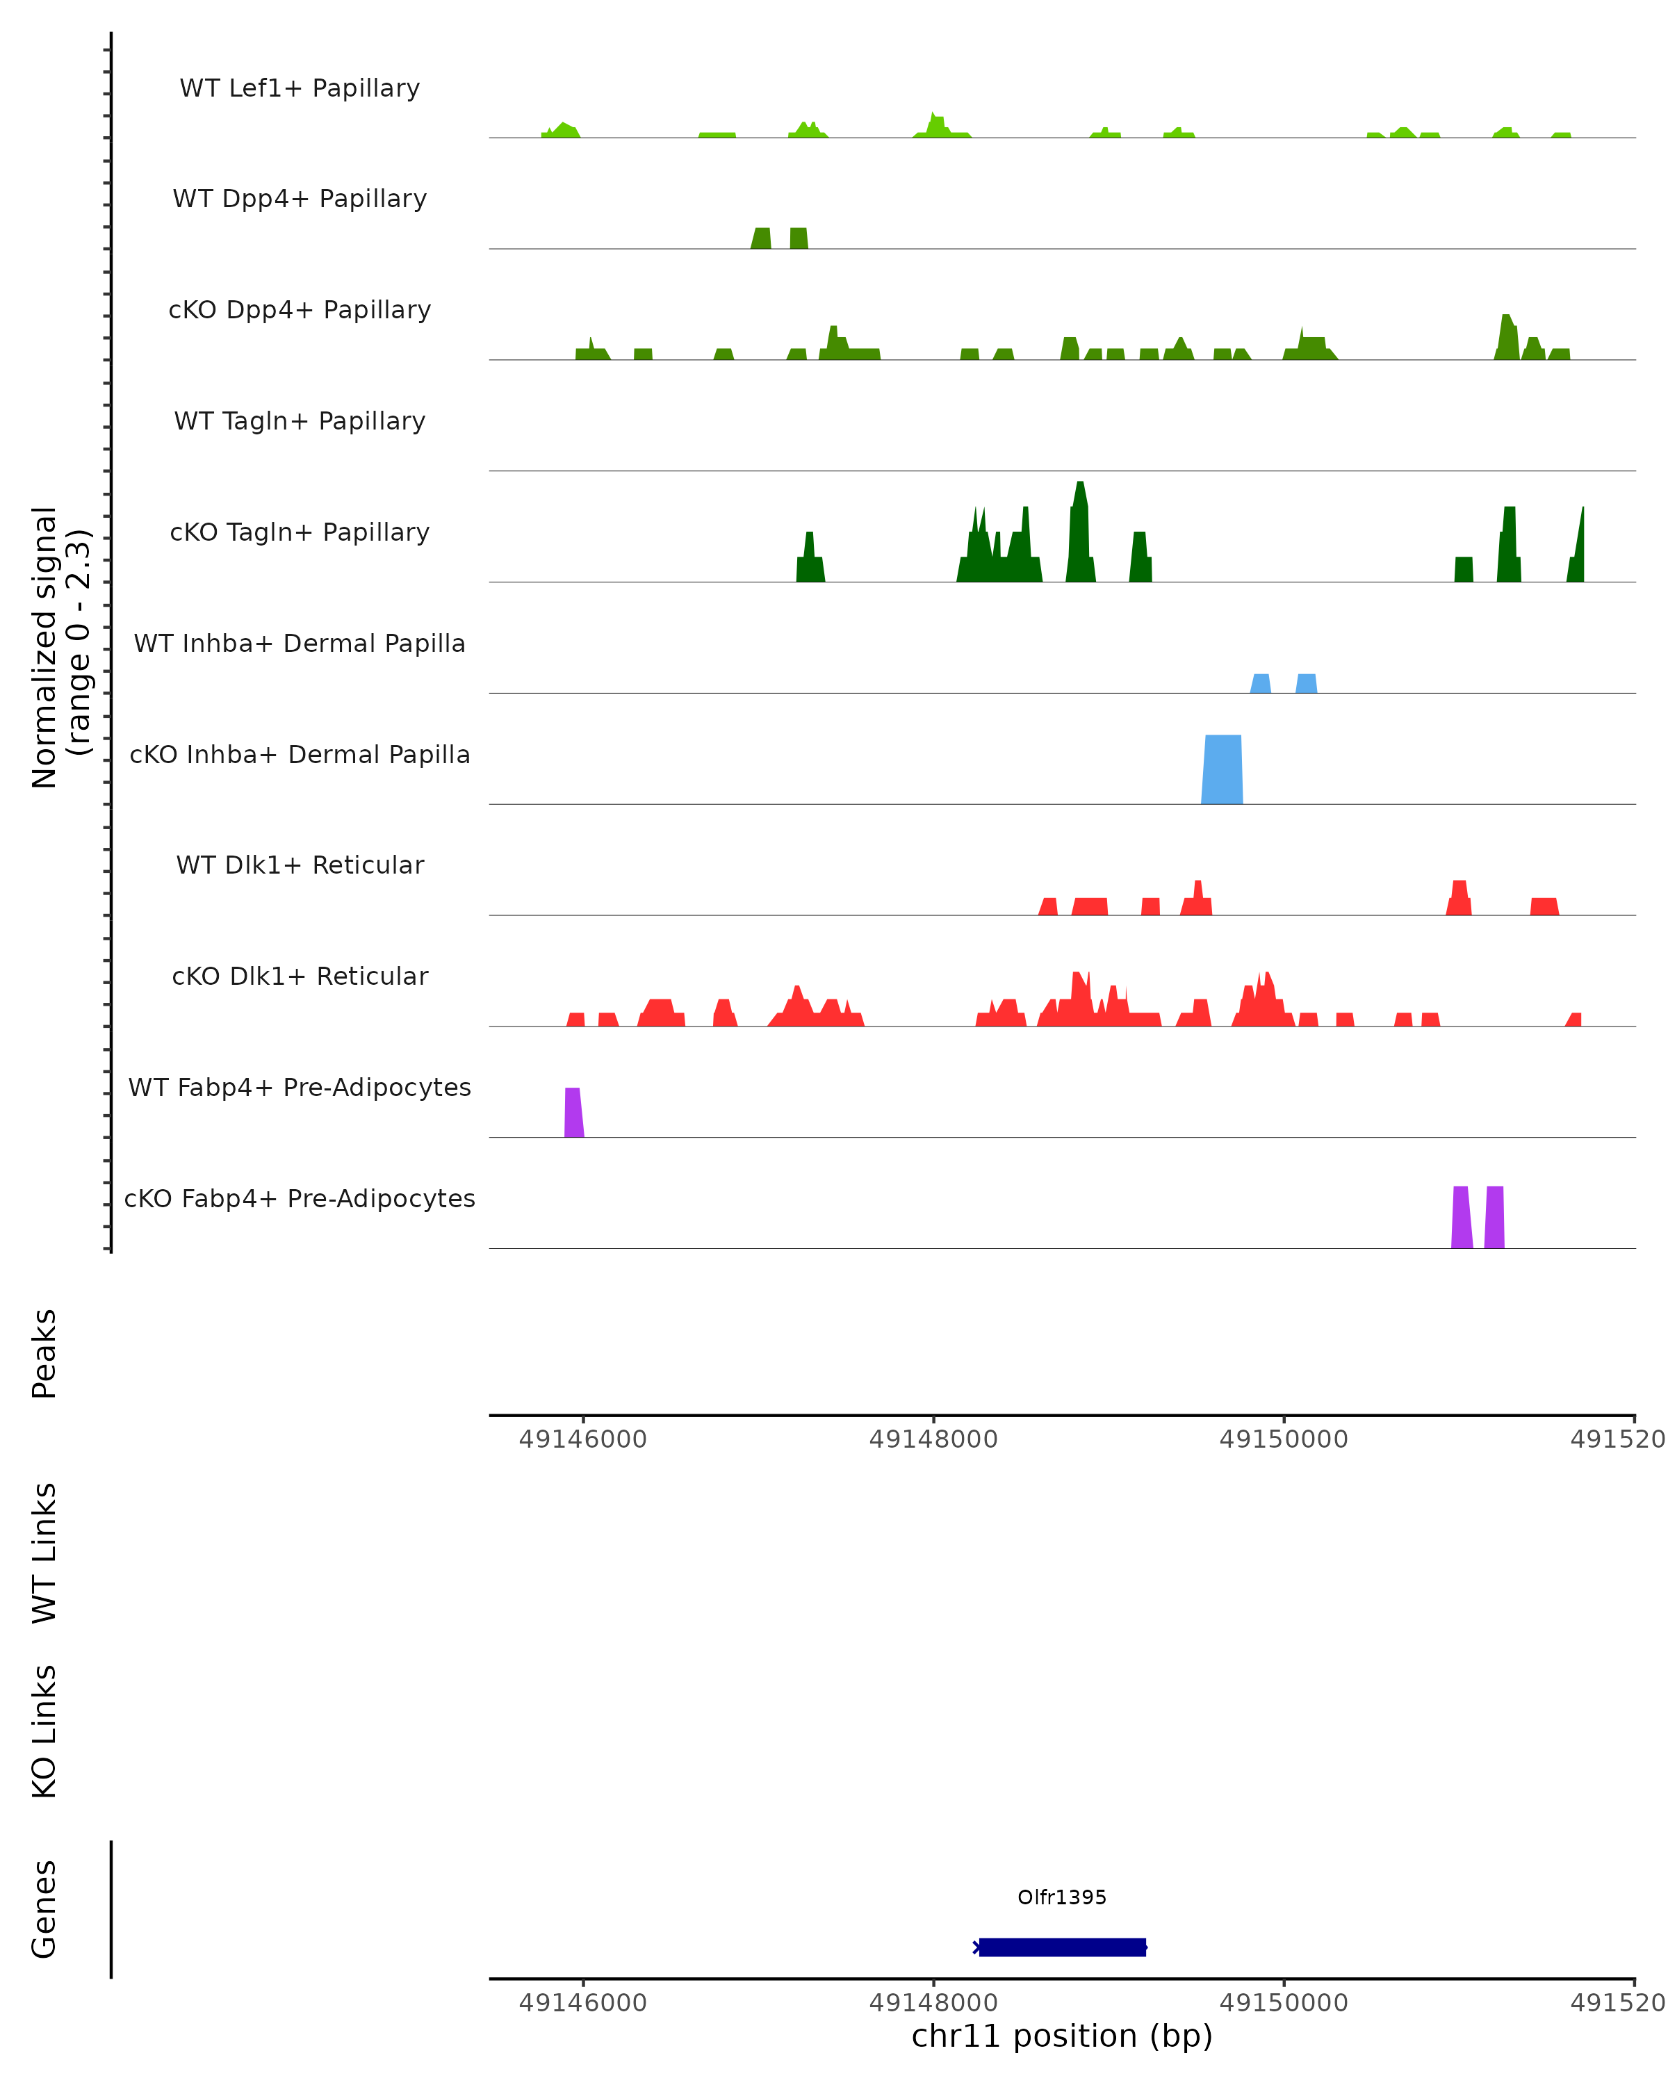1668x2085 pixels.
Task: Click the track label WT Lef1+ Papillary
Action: click(x=300, y=88)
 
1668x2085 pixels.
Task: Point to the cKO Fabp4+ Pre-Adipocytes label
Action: click(x=300, y=1198)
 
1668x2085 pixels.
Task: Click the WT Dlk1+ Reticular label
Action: click(x=300, y=865)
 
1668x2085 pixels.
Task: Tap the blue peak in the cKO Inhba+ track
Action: click(x=1221, y=771)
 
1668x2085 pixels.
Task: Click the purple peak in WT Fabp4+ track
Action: click(x=573, y=1113)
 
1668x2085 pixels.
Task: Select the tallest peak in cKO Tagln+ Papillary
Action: click(x=1080, y=532)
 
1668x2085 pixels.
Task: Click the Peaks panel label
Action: click(x=44, y=1353)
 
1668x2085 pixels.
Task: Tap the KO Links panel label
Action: click(x=44, y=1731)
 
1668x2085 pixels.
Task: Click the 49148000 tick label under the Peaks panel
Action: click(x=933, y=1439)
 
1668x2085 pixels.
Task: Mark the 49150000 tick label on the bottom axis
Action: click(x=1283, y=2002)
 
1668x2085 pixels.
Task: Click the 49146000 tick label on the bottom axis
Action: click(x=582, y=2002)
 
